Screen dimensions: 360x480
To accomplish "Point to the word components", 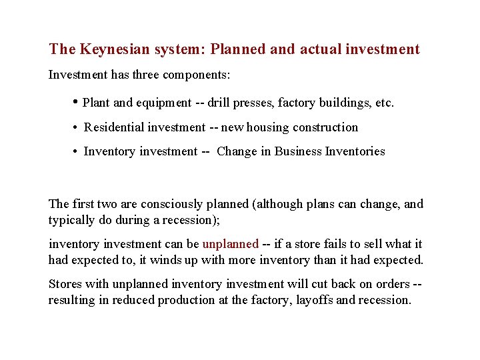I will [x=193, y=75].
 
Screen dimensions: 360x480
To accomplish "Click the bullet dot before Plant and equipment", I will [x=75, y=102].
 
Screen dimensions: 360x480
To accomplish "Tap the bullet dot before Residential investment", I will [x=76, y=127].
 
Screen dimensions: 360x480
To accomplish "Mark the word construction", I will [x=325, y=127].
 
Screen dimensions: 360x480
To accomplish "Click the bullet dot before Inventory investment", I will [x=76, y=151].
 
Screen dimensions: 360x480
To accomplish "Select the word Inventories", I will [x=355, y=151].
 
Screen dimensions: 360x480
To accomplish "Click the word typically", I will [x=69, y=220].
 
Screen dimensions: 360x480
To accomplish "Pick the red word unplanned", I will [x=230, y=244].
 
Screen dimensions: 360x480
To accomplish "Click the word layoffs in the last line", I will [x=312, y=300].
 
